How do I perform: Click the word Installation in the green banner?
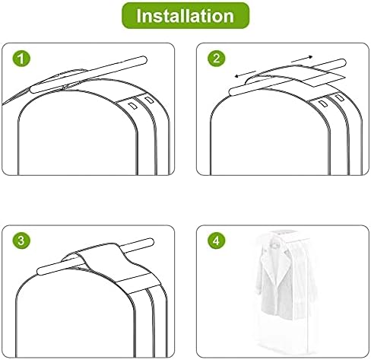185,16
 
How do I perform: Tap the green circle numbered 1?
21,59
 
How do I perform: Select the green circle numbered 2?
216,59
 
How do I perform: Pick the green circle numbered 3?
21,241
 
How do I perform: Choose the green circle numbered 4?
216,241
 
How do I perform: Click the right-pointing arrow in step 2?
302,59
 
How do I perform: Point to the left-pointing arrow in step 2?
246,74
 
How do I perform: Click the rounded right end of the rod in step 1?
144,60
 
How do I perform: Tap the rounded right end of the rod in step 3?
151,242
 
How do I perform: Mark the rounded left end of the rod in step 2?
232,91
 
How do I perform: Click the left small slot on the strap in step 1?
132,106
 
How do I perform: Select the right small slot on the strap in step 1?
149,100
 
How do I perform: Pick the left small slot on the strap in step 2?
323,104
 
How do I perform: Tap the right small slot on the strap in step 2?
339,97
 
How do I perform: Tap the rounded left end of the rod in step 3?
40,271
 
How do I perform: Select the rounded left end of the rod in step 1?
33,90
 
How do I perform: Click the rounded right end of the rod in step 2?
343,62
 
